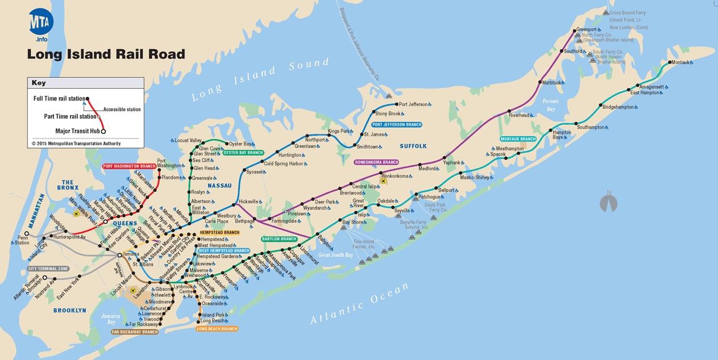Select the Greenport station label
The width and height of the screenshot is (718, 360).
point(586,29)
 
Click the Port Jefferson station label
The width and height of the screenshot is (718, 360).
point(413,104)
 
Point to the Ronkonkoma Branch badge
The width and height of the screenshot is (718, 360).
point(376,163)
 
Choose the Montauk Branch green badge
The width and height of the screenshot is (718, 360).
point(518,139)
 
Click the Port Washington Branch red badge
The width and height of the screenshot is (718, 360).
point(129,167)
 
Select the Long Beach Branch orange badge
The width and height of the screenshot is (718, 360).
point(217,329)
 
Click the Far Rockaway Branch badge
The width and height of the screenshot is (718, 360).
point(135,332)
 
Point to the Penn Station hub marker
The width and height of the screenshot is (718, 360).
point(26,234)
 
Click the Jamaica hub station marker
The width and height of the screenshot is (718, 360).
point(119,255)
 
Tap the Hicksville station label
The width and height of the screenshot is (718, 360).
point(248,201)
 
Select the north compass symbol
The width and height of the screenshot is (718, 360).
point(609,203)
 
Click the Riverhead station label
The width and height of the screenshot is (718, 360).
point(519,115)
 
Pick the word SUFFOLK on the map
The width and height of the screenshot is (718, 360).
point(413,147)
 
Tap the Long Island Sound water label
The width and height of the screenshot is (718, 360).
point(261,80)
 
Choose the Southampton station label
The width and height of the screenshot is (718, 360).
point(590,127)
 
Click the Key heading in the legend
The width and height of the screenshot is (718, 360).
point(38,83)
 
